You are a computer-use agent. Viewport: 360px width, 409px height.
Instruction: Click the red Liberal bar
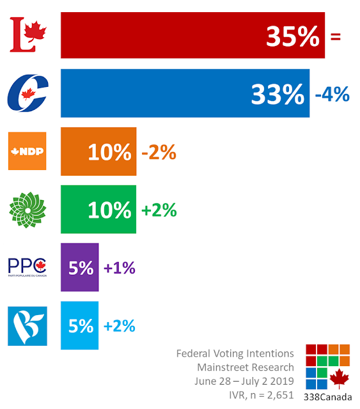[x=192, y=35]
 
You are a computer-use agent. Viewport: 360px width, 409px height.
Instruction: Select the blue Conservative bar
[x=185, y=93]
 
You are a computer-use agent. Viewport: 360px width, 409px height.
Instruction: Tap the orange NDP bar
[x=98, y=151]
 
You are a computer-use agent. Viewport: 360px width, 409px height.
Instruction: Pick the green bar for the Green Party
[x=98, y=209]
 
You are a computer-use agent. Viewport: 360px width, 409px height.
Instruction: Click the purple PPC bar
[x=80, y=267]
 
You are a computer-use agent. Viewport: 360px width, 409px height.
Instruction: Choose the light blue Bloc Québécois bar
[x=80, y=325]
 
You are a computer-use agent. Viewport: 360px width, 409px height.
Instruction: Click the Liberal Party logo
[x=28, y=35]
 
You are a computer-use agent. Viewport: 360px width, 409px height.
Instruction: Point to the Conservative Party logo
[x=27, y=93]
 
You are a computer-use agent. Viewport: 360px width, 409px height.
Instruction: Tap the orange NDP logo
[x=27, y=151]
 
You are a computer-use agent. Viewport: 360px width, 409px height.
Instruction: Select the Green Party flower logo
[x=27, y=210]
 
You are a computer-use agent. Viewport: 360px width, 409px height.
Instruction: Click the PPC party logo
[x=27, y=267]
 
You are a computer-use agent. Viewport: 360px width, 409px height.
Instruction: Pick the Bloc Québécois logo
[x=27, y=326]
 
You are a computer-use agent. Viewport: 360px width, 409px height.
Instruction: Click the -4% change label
[x=333, y=94]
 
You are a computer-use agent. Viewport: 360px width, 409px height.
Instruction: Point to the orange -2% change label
[x=159, y=152]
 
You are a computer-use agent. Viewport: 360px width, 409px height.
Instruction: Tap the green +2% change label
[x=159, y=210]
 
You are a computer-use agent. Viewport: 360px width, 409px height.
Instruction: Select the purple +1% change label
[x=120, y=268]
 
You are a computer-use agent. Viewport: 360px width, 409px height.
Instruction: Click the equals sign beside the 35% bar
[x=336, y=36]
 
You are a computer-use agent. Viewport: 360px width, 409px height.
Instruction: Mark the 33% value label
[x=278, y=94]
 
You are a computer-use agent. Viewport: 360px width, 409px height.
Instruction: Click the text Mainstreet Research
[x=246, y=367]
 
